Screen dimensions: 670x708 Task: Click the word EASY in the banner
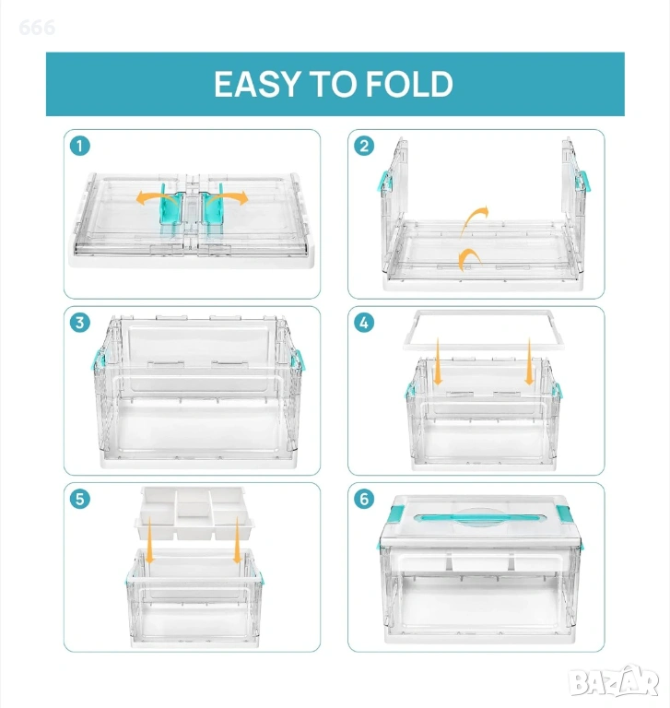(257, 85)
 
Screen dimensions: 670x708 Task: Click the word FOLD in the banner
(409, 85)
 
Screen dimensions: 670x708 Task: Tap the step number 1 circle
(80, 147)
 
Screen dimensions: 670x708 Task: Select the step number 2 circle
(364, 147)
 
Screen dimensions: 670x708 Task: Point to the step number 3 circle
(80, 323)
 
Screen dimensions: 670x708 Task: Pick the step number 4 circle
(364, 323)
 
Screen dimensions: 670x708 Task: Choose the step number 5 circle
(80, 499)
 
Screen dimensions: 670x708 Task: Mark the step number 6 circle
(364, 499)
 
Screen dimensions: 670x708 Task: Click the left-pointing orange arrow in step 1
(154, 196)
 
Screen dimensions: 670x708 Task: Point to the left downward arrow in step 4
(438, 361)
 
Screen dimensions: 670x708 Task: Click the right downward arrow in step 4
(530, 361)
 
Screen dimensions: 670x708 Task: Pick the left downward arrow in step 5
(150, 540)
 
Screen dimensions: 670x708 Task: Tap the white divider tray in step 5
(194, 513)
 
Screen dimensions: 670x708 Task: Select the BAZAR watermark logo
(614, 681)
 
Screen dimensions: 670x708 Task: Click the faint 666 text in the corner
(37, 28)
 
